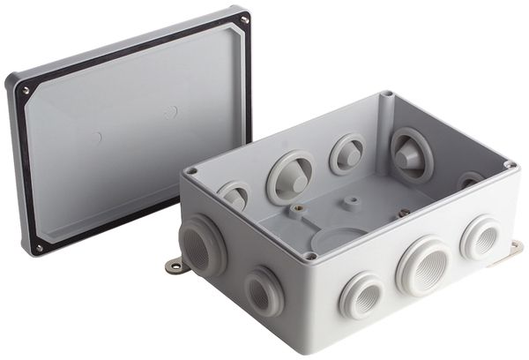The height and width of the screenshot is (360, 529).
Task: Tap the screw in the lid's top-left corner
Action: point(26,90)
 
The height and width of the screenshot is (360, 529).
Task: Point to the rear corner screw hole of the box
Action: point(386,94)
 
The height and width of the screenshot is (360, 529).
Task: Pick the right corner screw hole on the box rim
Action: point(509,165)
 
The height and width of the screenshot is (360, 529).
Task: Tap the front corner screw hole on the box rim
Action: point(309,256)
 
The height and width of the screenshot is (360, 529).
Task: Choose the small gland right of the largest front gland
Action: point(481,237)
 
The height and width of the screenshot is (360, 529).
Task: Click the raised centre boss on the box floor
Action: point(352,201)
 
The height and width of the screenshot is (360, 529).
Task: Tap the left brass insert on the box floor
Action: point(302,208)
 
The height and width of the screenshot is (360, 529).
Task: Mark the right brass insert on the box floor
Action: point(403,213)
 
